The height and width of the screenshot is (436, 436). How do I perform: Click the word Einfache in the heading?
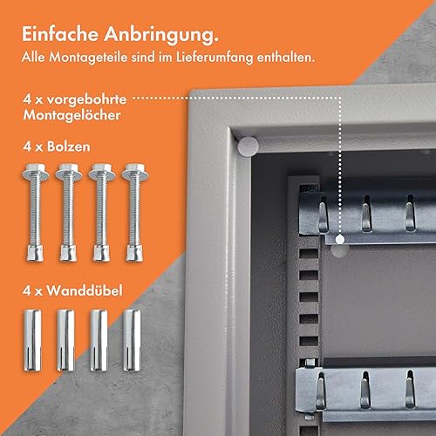click(x=60, y=34)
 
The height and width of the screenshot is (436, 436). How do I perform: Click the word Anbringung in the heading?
click(x=160, y=35)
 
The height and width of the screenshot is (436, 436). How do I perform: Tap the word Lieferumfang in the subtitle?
click(x=215, y=58)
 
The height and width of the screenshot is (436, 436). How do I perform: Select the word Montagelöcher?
click(x=72, y=115)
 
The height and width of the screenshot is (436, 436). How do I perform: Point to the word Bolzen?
click(x=69, y=146)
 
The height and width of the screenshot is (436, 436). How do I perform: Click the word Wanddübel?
click(x=85, y=290)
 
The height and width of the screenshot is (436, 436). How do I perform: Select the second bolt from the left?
click(x=69, y=213)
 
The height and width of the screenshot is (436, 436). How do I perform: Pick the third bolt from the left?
click(x=102, y=213)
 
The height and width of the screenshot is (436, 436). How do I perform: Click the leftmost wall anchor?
click(x=32, y=340)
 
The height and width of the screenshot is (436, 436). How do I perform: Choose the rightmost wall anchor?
click(x=132, y=340)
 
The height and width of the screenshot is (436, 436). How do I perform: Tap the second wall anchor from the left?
click(x=65, y=340)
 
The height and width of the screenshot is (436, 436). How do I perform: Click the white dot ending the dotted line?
click(x=340, y=240)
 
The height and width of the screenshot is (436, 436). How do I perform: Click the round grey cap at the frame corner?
click(x=248, y=146)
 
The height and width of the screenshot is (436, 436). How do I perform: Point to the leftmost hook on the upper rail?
click(x=324, y=215)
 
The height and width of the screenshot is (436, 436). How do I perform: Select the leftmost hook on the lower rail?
click(x=320, y=391)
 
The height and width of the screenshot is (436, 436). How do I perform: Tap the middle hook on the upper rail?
click(x=366, y=214)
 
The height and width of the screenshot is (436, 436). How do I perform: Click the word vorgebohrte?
click(x=86, y=99)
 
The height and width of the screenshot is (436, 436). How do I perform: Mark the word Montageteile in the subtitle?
click(x=88, y=58)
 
